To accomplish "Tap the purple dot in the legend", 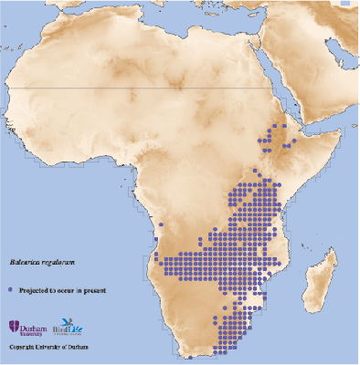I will click(12, 288).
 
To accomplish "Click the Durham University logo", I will click(27, 327).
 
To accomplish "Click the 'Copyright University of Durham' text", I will click(51, 348).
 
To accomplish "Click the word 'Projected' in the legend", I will click(34, 288).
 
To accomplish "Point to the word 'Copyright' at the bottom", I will click(23, 348).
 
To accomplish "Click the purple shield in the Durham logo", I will click(12, 326).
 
